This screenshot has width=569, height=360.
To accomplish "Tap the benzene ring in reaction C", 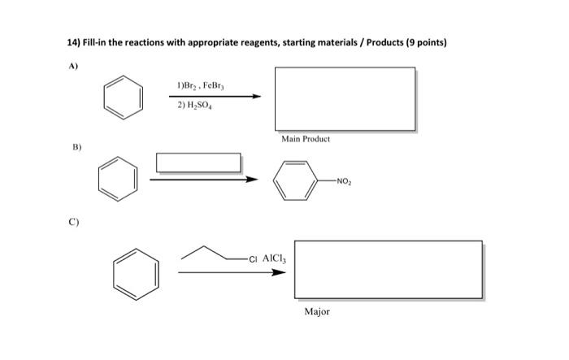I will tap(135, 270).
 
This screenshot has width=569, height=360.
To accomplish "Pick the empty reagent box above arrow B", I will tap(198, 162).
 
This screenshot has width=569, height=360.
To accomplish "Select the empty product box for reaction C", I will tap(379, 269).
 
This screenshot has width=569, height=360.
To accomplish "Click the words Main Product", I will tap(306, 139).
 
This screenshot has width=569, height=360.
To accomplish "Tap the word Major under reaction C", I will tap(317, 312).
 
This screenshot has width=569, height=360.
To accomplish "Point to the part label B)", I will tap(76, 148).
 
